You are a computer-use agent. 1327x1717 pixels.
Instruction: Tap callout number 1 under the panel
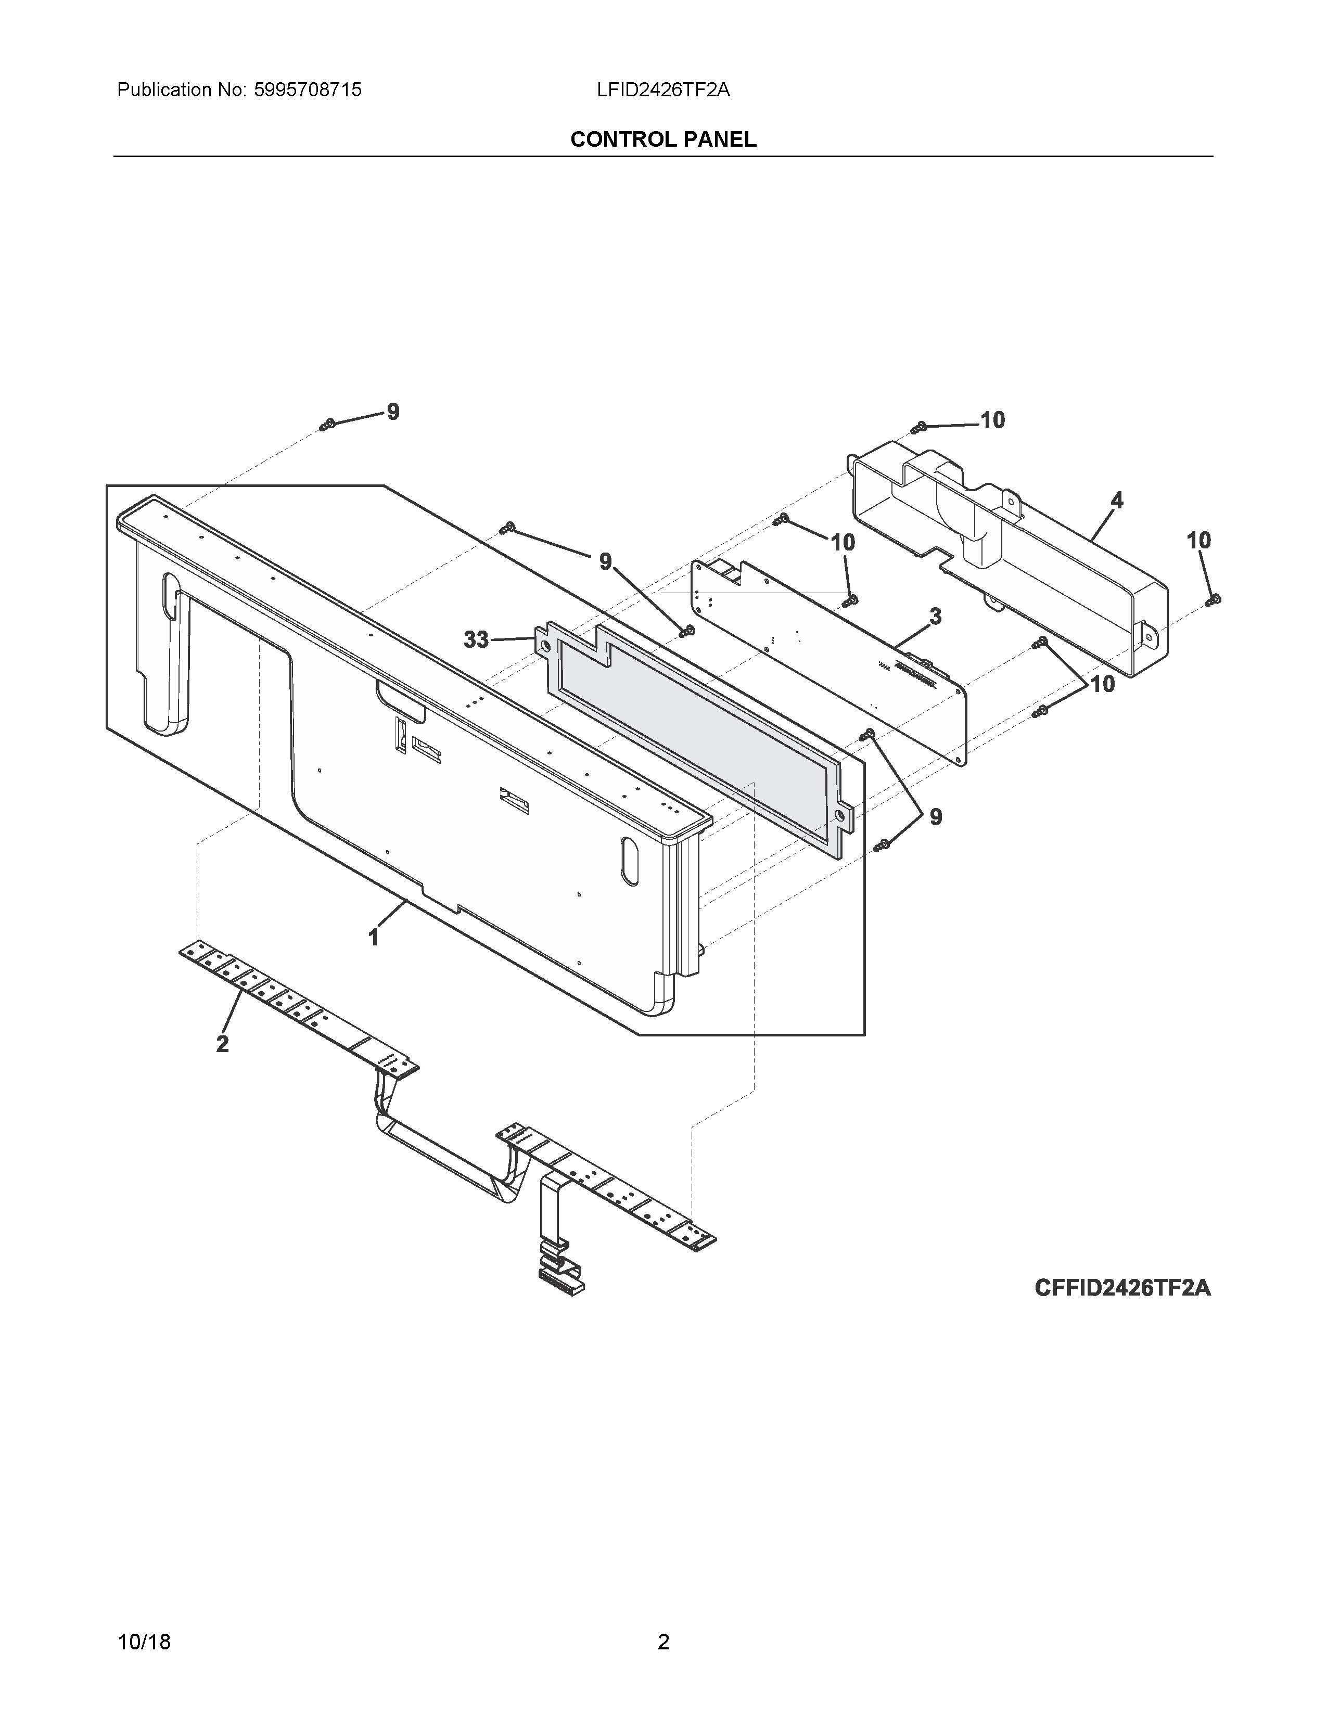click(x=374, y=937)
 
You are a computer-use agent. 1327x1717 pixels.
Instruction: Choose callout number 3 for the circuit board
click(x=935, y=617)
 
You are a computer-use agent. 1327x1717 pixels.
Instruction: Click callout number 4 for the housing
click(x=1116, y=501)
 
